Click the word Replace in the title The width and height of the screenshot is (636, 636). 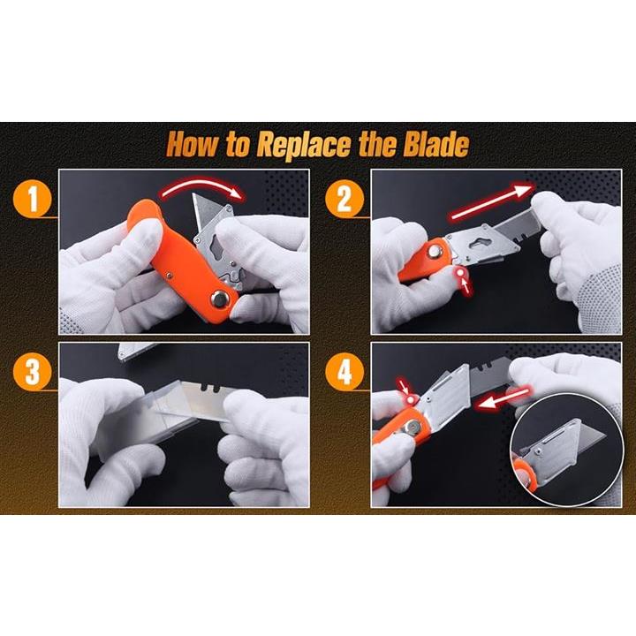303,145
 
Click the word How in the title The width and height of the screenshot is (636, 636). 193,144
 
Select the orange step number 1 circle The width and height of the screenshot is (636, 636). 33,200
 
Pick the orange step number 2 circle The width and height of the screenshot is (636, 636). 344,200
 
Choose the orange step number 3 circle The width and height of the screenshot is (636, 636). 33,372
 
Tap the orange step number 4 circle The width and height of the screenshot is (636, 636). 344,372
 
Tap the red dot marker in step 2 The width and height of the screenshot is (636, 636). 461,273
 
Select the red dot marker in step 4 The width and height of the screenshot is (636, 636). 412,400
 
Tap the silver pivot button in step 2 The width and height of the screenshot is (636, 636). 435,252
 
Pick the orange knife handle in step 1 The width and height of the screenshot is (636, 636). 183,260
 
